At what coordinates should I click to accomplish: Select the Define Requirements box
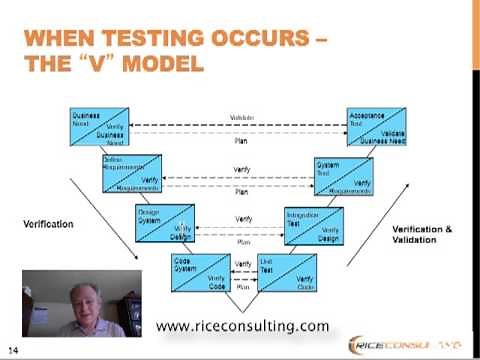click(132, 172)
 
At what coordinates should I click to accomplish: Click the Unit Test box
click(286, 273)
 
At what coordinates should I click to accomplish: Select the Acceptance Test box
click(375, 127)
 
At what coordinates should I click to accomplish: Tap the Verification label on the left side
click(48, 224)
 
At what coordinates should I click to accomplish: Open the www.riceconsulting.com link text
click(243, 326)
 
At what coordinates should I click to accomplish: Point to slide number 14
click(14, 349)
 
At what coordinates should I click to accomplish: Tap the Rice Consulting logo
click(415, 345)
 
